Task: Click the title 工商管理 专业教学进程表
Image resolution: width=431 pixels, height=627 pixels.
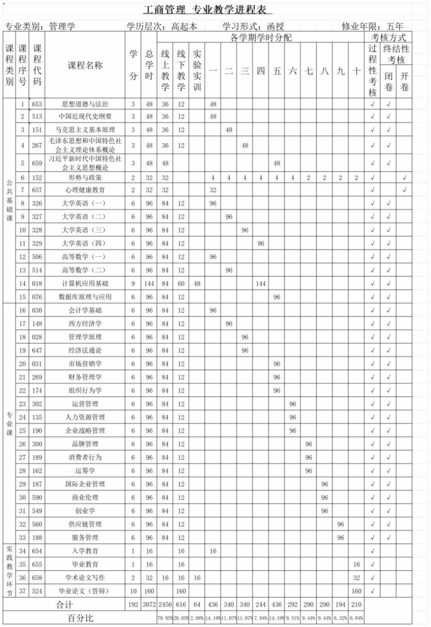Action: coord(208,9)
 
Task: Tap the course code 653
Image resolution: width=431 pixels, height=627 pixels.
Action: coord(37,104)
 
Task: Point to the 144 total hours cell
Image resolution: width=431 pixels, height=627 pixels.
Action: coord(149,283)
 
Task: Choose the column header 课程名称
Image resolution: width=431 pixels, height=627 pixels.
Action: coord(85,65)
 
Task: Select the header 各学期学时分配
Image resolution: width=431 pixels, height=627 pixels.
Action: coord(261,38)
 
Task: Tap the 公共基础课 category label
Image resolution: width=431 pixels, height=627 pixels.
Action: coord(9,199)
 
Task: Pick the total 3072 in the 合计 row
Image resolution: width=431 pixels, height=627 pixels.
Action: coord(149,605)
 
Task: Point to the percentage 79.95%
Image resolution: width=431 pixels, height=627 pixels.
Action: coord(165,618)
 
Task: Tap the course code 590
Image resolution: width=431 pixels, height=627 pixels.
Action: coord(37,497)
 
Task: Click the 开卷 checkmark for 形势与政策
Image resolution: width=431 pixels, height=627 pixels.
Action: coord(404,177)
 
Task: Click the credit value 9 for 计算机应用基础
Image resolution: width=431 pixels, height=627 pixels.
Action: coord(133,283)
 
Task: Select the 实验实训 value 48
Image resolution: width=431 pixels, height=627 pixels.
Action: coord(197,283)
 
